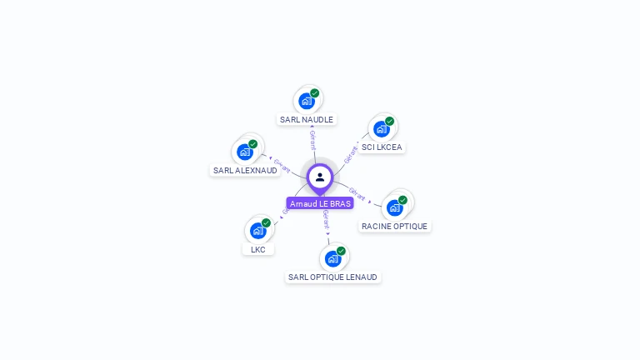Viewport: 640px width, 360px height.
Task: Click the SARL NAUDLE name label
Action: [307, 119]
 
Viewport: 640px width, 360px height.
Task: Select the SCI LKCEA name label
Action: [382, 147]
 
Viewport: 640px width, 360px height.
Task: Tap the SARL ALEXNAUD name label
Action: [245, 170]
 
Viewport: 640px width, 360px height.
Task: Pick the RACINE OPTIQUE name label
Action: [395, 226]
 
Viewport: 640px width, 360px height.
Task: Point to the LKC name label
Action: [258, 249]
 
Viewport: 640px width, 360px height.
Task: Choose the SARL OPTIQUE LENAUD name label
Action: [332, 277]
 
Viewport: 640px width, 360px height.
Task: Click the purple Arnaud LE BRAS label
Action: [320, 203]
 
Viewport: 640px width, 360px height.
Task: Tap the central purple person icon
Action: [320, 177]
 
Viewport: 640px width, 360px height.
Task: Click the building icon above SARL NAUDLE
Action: [307, 101]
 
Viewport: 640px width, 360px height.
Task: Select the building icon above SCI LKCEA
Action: [382, 129]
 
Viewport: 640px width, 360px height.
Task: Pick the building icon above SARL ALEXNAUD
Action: [245, 152]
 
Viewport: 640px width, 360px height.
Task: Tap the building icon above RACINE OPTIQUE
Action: [395, 207]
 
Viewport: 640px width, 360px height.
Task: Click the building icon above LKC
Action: [258, 231]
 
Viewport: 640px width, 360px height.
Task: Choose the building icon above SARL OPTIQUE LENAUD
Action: [333, 258]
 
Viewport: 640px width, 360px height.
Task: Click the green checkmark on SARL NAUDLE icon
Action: [315, 93]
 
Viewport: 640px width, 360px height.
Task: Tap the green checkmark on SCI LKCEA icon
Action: [389, 122]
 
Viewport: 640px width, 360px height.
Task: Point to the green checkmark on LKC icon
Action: [266, 222]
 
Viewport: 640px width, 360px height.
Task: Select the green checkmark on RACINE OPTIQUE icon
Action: [402, 200]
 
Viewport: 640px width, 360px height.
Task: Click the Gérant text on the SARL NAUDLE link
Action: [312, 140]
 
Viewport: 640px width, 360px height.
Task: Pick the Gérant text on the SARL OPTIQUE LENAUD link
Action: [326, 220]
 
